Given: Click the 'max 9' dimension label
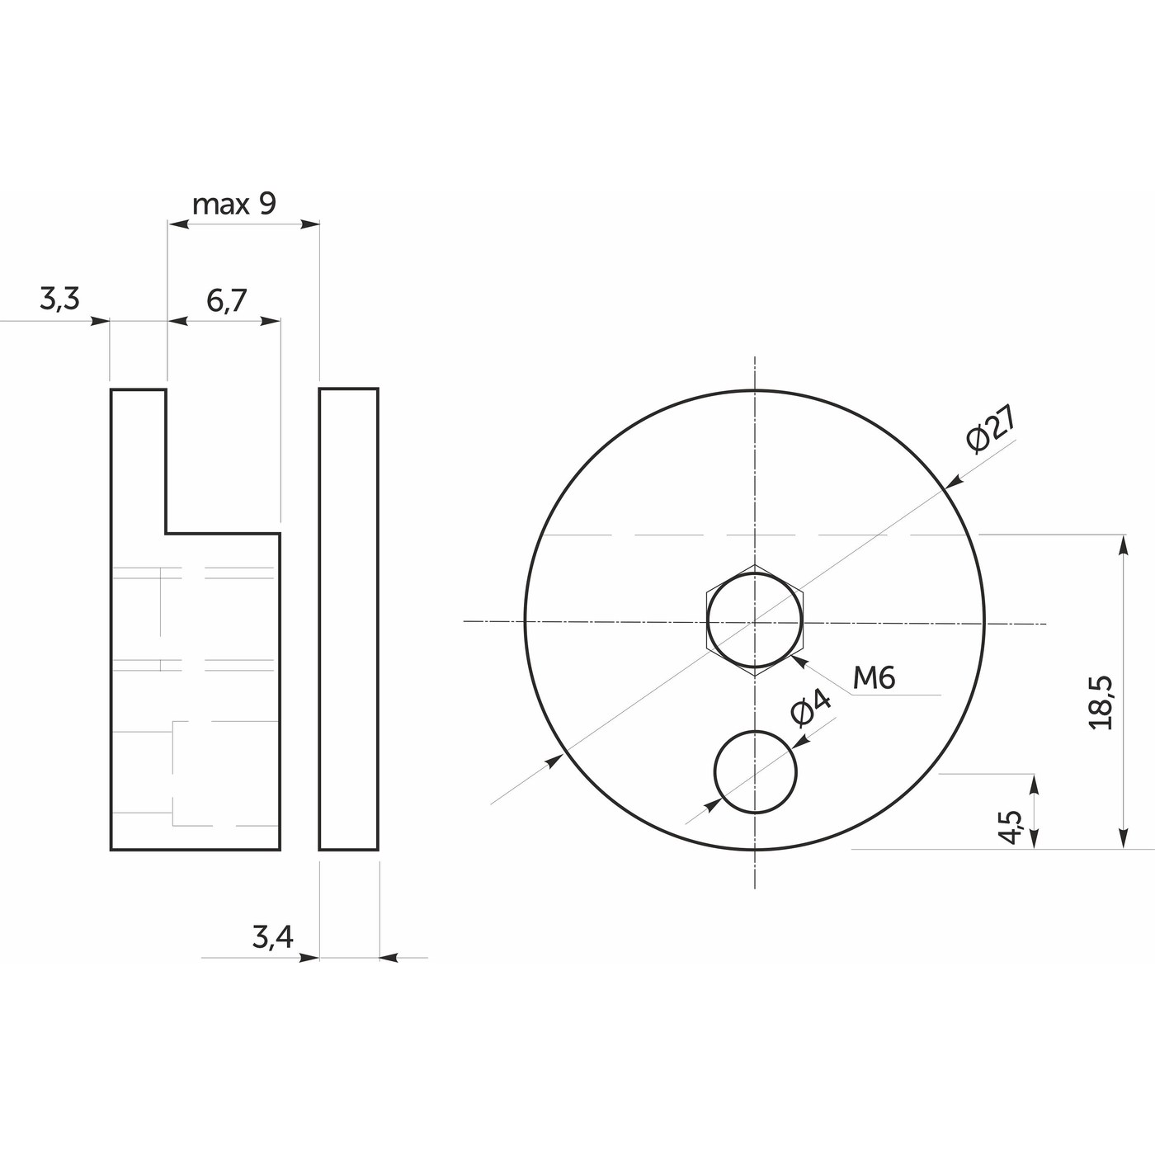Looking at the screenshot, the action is click(233, 205).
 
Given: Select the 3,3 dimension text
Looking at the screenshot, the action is click(59, 299).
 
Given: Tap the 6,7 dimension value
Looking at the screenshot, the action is click(227, 300).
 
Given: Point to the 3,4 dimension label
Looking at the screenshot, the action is click(272, 937).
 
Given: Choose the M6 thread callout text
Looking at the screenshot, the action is click(874, 678).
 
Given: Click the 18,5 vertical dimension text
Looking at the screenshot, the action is click(1101, 702).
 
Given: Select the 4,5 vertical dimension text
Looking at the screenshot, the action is click(1010, 827).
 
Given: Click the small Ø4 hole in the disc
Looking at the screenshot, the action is click(755, 772).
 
